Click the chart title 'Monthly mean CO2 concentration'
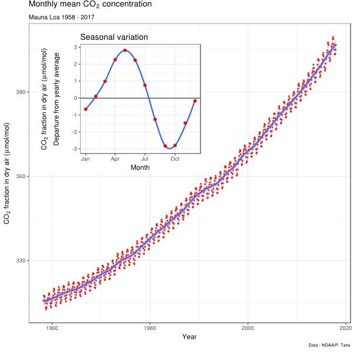(90, 4)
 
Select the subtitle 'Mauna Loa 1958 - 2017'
(62, 17)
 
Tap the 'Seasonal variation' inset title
(114, 37)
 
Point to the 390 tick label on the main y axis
(21, 92)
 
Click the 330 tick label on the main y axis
(21, 261)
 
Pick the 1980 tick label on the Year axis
(150, 328)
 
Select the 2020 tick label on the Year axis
(346, 328)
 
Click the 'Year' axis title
(189, 337)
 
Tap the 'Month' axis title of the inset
(140, 168)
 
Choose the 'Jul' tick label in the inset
(145, 159)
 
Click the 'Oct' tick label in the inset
(175, 159)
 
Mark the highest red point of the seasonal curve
(125, 50)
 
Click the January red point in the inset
(86, 109)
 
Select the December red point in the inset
(195, 101)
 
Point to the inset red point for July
(145, 85)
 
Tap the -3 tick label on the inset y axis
(74, 149)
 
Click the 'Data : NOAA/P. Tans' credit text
(330, 345)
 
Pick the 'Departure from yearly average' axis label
(56, 99)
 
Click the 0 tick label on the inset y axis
(76, 98)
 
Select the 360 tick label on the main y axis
(21, 176)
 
